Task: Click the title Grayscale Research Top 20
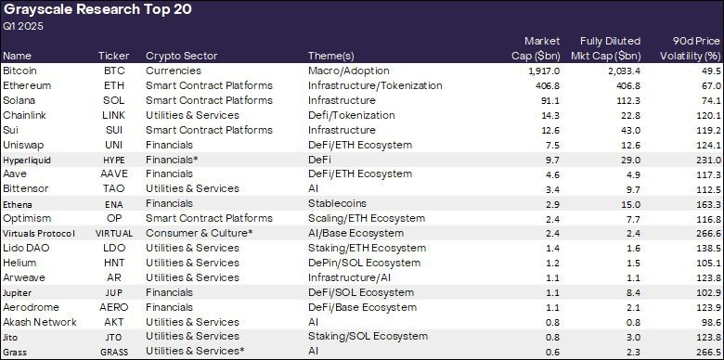click(83, 10)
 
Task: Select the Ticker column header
click(114, 56)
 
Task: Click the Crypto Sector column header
click(176, 56)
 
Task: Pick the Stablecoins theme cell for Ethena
click(336, 203)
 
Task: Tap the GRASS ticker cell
click(114, 352)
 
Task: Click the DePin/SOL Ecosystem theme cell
click(356, 263)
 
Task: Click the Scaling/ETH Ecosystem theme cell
click(360, 218)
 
